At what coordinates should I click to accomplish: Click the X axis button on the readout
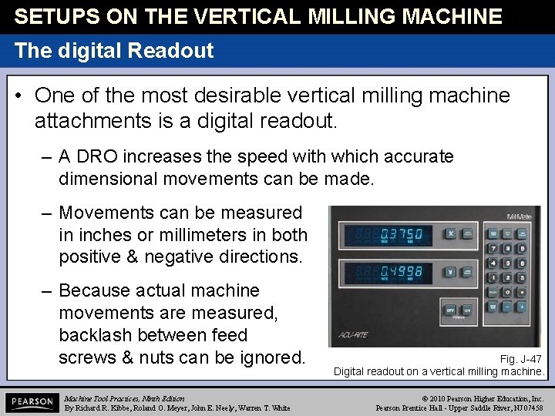[x=451, y=233]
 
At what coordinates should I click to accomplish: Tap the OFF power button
[x=451, y=310]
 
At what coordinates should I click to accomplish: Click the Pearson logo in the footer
[x=32, y=402]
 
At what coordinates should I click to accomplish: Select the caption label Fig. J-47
[x=521, y=359]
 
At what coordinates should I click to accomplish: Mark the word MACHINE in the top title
[x=437, y=16]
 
